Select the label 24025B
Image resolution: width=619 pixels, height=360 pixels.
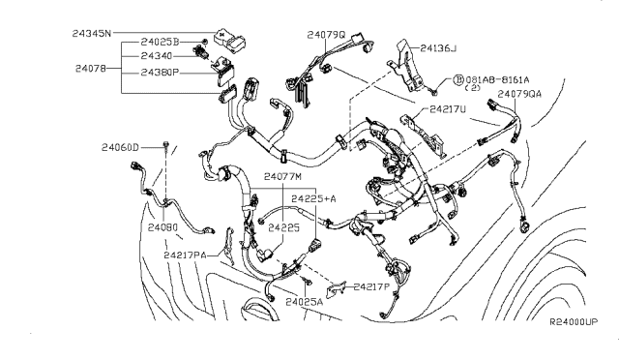[161, 44]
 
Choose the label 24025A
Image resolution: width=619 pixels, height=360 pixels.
[305, 302]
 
